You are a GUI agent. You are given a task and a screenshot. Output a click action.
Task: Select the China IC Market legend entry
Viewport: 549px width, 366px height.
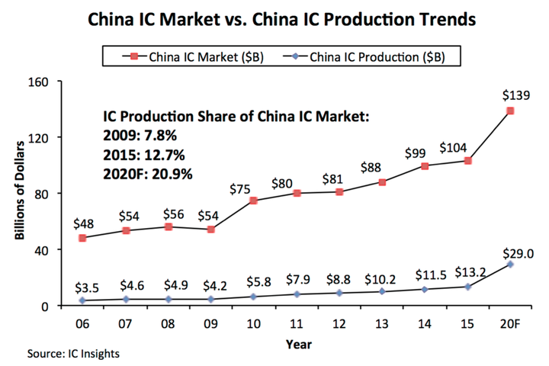(x=197, y=56)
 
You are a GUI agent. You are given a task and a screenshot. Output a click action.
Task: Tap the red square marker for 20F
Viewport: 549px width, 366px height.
(x=510, y=111)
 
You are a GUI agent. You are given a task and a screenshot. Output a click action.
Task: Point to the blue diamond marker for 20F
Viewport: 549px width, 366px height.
(x=510, y=265)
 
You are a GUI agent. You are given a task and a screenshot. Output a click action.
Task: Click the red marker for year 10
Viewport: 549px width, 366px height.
(x=253, y=201)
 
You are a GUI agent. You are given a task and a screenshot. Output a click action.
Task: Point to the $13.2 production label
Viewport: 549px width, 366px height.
(x=467, y=271)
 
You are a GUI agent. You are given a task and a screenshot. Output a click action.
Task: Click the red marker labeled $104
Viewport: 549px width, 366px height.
(x=467, y=161)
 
